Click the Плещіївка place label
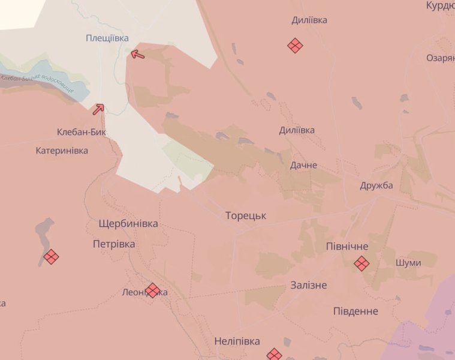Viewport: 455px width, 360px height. click(107, 38)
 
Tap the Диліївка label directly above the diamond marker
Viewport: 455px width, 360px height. click(309, 20)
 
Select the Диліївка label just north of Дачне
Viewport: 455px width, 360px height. click(297, 130)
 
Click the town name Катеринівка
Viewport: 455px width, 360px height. click(62, 151)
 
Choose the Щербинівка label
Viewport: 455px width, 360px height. click(128, 224)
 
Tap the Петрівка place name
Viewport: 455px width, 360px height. click(114, 244)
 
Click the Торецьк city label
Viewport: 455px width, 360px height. click(246, 215)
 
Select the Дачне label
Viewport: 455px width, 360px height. click(303, 165)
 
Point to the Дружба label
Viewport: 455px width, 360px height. click(376, 185)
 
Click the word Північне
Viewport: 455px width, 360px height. click(347, 247)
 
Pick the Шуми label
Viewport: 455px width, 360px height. click(408, 263)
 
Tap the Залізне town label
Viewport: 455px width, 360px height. click(308, 285)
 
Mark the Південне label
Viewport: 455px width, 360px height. click(355, 311)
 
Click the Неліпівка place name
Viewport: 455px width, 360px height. click(237, 341)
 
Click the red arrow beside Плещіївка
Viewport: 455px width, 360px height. click(137, 55)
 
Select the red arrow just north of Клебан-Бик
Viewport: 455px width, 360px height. click(98, 109)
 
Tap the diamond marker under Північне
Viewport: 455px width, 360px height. click(361, 263)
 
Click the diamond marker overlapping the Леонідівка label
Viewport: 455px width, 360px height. click(153, 291)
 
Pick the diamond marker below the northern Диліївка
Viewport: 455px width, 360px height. click(295, 45)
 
